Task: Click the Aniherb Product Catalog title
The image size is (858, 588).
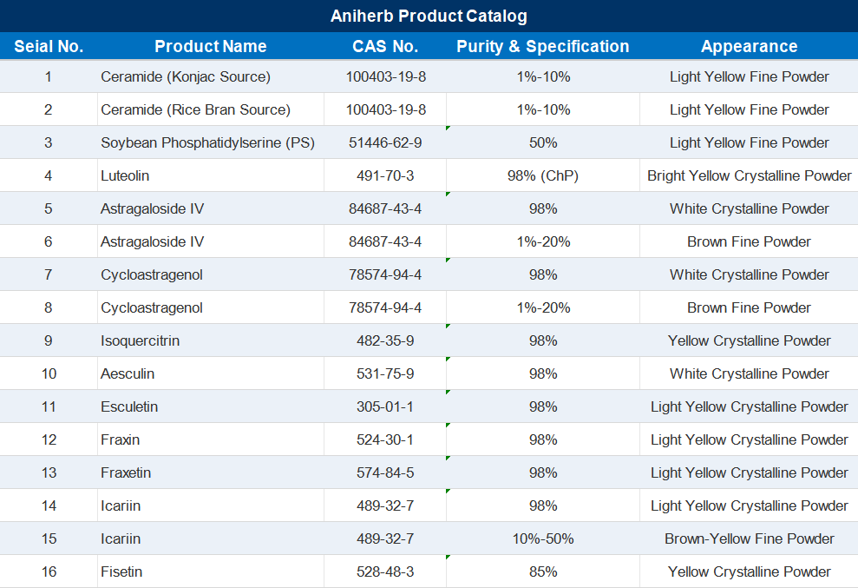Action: [x=429, y=16]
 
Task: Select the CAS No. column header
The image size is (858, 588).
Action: [x=385, y=47]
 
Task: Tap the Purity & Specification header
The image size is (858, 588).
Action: [x=543, y=47]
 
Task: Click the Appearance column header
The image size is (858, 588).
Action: [x=749, y=47]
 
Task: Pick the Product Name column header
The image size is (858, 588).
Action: [x=211, y=47]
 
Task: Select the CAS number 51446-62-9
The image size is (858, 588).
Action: [x=385, y=143]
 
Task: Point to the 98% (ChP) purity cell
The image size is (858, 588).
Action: [x=543, y=176]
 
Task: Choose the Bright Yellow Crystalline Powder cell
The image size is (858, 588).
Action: [x=749, y=176]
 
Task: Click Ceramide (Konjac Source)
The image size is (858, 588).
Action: [x=186, y=76]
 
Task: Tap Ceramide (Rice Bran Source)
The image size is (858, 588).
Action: [x=195, y=109]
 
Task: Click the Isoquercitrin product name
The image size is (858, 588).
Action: [x=140, y=340]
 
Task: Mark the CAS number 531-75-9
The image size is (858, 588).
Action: [x=385, y=373]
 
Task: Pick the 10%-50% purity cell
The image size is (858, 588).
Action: [x=543, y=538]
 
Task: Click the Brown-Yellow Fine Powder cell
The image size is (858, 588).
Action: [x=749, y=538]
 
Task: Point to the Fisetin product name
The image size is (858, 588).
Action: [x=121, y=571]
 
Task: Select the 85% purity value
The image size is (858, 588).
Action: [x=543, y=571]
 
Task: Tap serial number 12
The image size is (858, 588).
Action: [x=49, y=439]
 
